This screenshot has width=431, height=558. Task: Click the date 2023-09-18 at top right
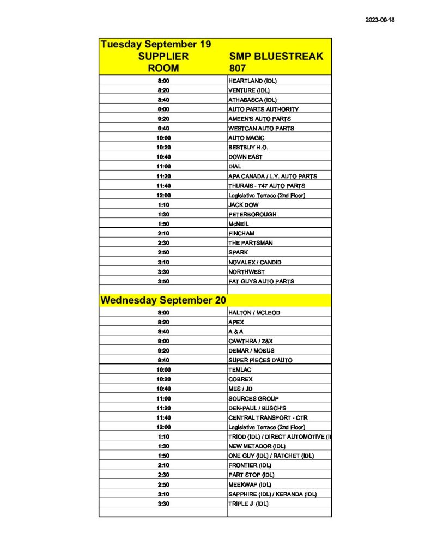coord(379,20)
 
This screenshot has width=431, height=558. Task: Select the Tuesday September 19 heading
coord(155,44)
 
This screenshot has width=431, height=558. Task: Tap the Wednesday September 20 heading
coord(163,300)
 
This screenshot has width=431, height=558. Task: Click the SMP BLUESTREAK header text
coord(276,56)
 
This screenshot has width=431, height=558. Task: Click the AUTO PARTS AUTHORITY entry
coord(263,109)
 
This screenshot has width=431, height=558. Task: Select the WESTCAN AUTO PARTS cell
coord(261,128)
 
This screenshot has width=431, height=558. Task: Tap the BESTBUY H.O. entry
coord(248,147)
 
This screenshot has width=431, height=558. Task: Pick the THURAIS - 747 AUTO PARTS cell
coord(266,186)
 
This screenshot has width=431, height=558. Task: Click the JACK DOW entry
coord(244,205)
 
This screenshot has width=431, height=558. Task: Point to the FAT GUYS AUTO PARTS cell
coord(261,281)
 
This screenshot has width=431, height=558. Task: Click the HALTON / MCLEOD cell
coord(252,313)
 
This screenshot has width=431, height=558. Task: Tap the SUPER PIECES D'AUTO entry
coord(260,360)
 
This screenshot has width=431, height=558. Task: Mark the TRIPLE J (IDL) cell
coord(248,504)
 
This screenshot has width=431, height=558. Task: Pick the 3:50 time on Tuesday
coord(163,281)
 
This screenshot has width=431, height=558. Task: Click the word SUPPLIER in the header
coord(163,56)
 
